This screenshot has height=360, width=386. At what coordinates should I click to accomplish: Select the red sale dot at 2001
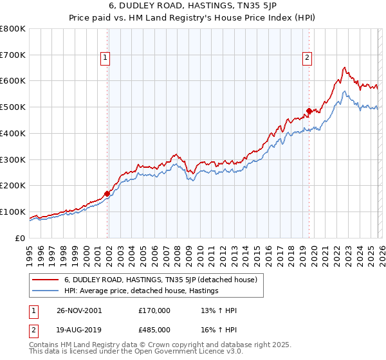(107, 193)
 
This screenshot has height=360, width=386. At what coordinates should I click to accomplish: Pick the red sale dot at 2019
(309, 111)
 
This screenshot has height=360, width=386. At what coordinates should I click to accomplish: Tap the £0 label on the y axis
(21, 238)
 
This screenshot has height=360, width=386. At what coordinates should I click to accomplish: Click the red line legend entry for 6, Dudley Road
(161, 280)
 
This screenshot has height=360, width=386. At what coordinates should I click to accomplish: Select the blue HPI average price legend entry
(142, 291)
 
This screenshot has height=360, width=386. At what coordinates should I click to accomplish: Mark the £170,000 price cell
(154, 310)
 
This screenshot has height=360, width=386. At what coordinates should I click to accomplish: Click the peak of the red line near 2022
(345, 67)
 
